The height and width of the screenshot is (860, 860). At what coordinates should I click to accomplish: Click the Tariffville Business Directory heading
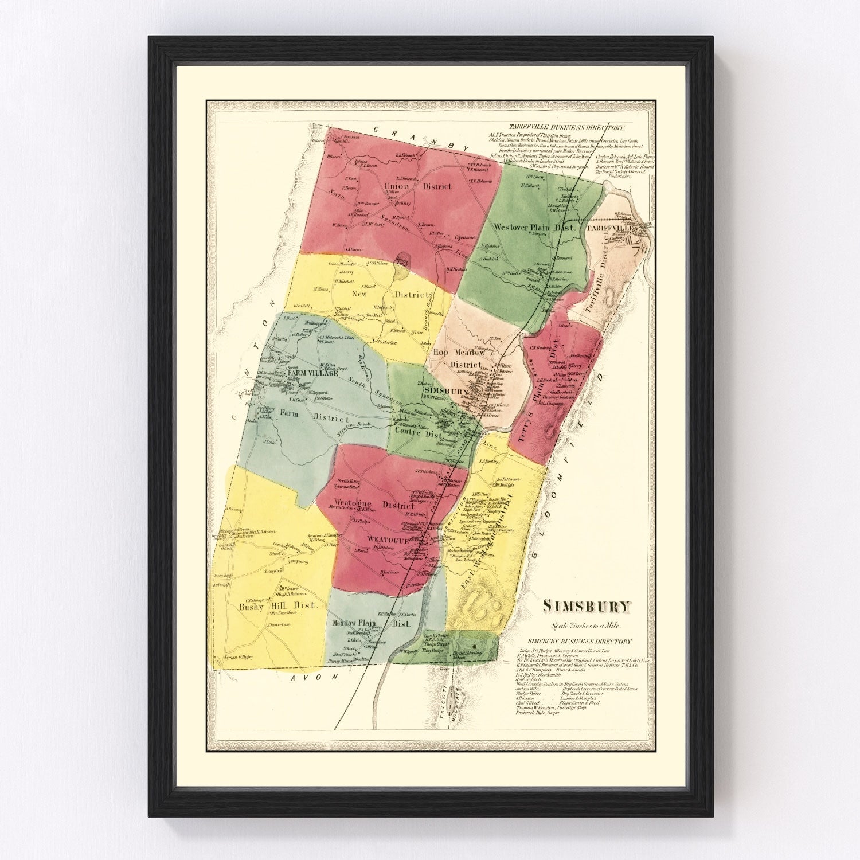[562, 128]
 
